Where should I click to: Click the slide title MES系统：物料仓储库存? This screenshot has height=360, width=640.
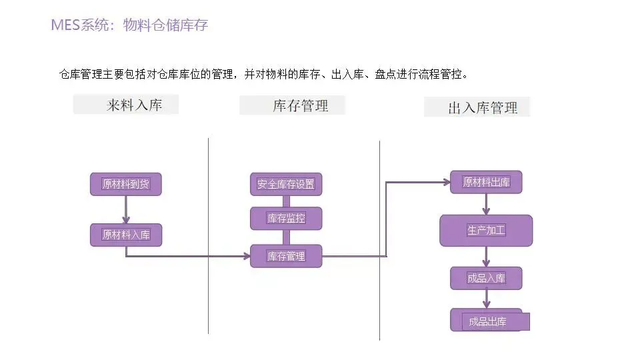129,26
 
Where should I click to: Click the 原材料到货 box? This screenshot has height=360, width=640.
126,184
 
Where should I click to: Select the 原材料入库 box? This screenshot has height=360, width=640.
126,235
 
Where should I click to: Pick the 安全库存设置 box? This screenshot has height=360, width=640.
286,184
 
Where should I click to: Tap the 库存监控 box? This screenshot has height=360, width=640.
286,218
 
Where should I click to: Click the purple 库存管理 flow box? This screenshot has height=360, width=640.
286,256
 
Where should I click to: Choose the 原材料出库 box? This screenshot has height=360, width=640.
486,182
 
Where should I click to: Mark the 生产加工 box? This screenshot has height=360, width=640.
486,231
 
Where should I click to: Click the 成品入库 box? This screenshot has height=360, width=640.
486,278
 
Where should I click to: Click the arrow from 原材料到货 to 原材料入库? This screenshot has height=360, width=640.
126,209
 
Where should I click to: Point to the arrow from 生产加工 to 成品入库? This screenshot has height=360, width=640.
486,257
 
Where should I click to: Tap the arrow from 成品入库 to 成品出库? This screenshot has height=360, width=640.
486,299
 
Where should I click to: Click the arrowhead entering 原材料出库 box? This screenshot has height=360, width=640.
445,181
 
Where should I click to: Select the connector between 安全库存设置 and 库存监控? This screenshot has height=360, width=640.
286,201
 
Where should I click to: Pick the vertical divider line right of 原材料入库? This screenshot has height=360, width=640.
209,233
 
